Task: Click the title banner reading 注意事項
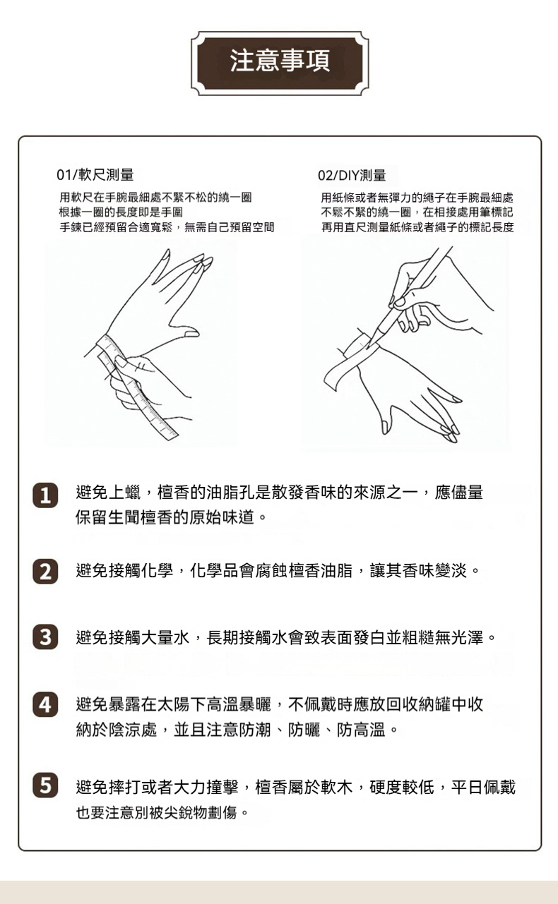280,63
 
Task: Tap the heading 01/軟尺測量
95,175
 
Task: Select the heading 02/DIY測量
352,176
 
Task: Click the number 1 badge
45,495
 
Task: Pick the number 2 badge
45,571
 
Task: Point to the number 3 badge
45,637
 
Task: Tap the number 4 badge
45,704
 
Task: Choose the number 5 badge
45,785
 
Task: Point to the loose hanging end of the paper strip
330,380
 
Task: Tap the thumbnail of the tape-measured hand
191,334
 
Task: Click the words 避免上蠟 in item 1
108,493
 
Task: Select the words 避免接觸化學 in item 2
124,571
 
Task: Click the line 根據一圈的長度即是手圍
121,212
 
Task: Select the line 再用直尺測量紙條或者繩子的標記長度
417,227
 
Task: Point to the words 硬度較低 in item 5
402,787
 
